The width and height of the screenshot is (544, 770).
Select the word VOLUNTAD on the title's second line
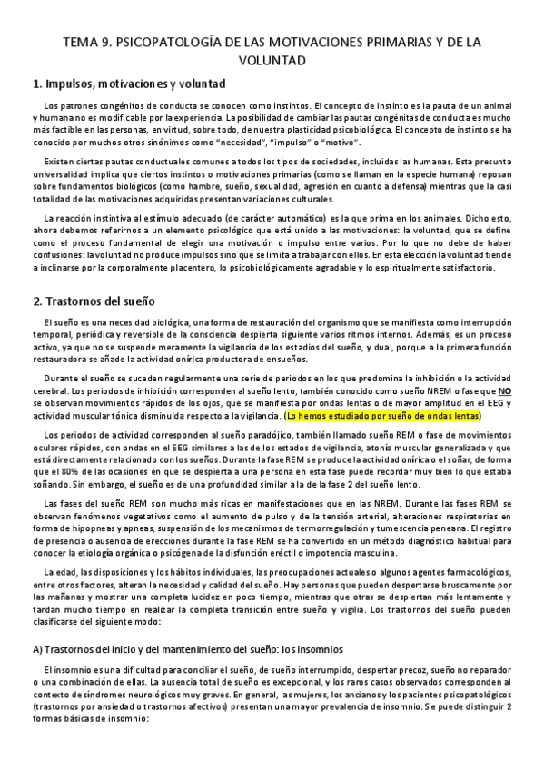272,61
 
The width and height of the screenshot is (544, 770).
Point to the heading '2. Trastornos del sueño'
94,299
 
